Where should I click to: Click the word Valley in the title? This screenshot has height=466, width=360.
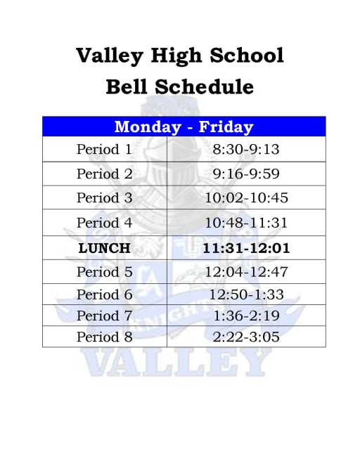(110, 56)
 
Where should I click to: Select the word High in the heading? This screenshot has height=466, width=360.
(176, 56)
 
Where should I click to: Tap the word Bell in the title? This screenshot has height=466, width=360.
(127, 86)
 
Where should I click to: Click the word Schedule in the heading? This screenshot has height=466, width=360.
(204, 86)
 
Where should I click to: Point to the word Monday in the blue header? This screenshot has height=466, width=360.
(148, 127)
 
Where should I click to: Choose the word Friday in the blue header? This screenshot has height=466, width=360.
(226, 127)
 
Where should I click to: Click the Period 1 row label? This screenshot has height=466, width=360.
(104, 149)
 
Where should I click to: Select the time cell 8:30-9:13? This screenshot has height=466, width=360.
(246, 149)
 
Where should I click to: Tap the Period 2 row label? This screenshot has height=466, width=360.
(105, 174)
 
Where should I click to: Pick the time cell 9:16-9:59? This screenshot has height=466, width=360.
(246, 174)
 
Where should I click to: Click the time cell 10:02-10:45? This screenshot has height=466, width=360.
(246, 198)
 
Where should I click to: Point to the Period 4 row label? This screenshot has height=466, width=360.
(105, 223)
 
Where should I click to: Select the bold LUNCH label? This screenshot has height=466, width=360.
(104, 248)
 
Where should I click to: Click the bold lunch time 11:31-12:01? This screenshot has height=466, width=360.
(246, 248)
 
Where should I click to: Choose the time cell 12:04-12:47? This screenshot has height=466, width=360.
(246, 272)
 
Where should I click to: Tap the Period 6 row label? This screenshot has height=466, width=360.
(105, 295)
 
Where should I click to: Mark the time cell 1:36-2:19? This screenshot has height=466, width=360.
(246, 316)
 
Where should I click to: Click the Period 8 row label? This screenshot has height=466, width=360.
(105, 337)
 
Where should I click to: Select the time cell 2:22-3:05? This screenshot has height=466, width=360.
(246, 337)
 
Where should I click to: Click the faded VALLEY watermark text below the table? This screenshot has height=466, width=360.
(176, 363)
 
